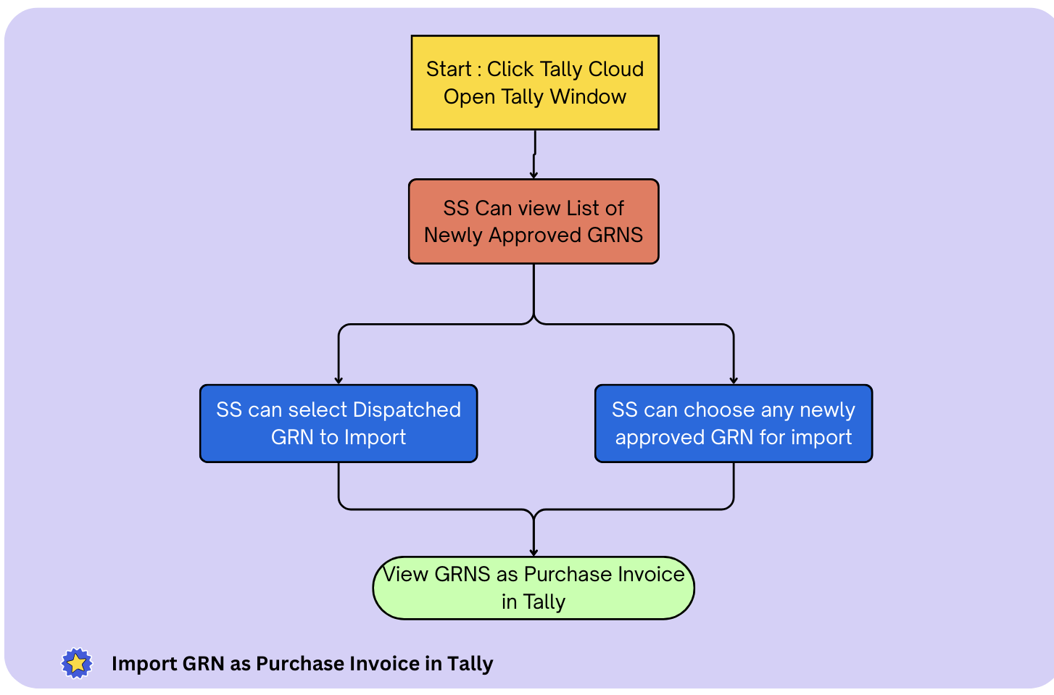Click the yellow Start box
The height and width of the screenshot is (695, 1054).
[535, 83]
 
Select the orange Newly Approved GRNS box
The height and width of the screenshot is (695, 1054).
[534, 221]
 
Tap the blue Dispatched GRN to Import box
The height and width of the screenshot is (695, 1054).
[339, 423]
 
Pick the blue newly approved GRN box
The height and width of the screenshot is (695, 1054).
[734, 423]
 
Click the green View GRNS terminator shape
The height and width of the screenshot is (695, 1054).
[534, 588]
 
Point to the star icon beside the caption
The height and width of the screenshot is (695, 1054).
[77, 663]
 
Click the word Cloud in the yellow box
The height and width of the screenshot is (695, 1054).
[615, 69]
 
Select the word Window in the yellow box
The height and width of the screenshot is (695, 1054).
[588, 96]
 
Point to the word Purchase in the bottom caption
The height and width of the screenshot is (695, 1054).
[299, 664]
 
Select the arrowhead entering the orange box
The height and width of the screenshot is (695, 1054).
[534, 175]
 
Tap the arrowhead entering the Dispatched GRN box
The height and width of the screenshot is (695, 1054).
[339, 380]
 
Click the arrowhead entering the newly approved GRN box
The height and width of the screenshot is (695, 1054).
[734, 380]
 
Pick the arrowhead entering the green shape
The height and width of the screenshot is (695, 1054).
[534, 553]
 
